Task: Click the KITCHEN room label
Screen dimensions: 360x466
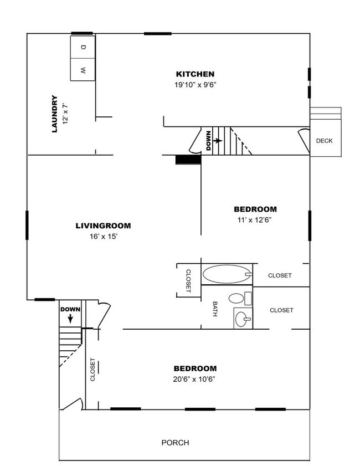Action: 195,74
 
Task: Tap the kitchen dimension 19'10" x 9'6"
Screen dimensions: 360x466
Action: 195,85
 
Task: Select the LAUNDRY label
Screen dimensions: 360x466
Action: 54,114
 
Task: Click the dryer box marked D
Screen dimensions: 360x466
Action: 83,47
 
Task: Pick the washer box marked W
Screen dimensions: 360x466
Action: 83,70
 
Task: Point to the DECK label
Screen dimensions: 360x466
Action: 325,141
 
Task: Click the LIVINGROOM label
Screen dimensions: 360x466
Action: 103,226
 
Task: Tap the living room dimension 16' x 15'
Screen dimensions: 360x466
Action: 104,237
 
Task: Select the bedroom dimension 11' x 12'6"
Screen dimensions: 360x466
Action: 255,220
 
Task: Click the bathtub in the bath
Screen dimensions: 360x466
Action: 227,274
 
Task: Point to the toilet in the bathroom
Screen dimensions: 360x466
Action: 239,298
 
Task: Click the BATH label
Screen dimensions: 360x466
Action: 215,309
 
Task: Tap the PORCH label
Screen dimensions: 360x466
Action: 175,443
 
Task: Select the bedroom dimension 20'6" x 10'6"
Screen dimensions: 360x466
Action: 194,380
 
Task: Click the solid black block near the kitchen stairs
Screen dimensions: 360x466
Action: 188,160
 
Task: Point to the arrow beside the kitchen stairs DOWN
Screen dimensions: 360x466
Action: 218,140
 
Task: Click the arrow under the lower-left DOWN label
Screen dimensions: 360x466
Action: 70,319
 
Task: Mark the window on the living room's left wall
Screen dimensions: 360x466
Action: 27,226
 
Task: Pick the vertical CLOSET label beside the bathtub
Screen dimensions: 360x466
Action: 188,281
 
